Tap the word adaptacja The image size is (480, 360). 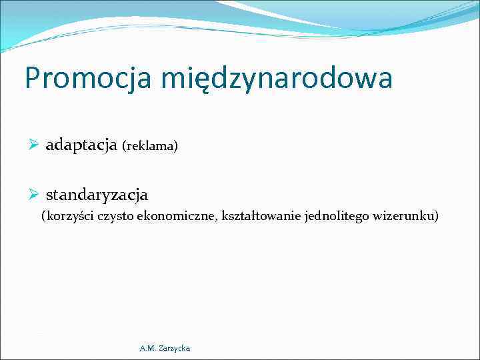coord(81,145)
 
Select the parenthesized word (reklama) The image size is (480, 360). coord(150,146)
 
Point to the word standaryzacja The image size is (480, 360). coord(97,195)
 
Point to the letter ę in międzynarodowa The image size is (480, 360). coord(199,81)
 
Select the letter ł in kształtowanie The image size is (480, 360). coord(245,216)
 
